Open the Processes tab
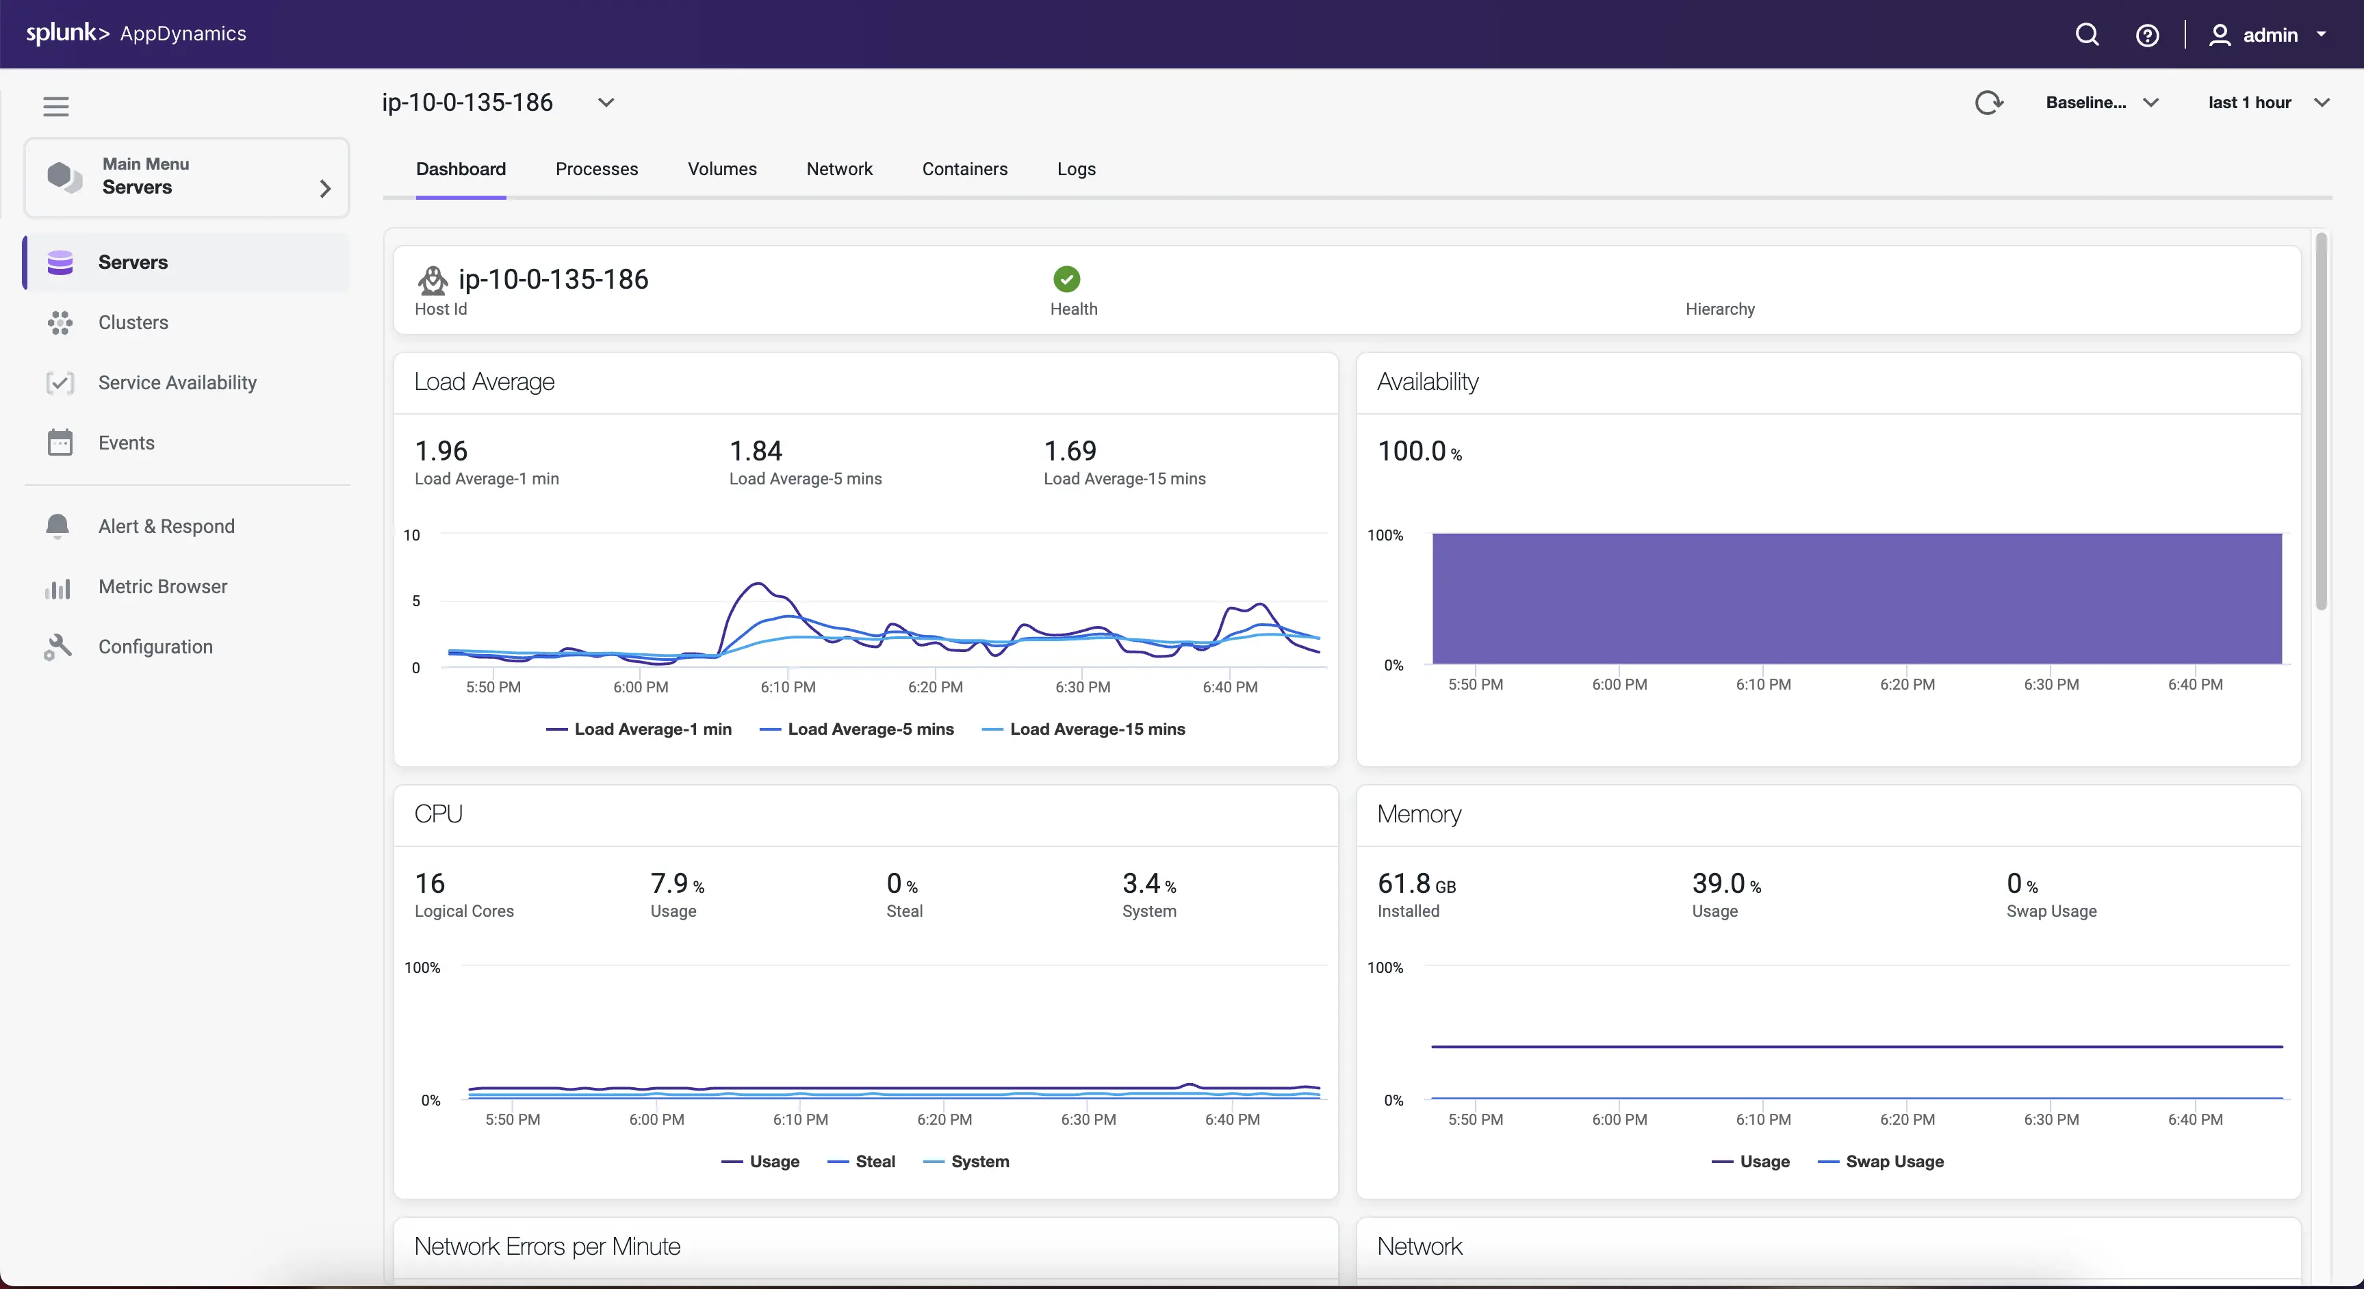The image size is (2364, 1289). (x=597, y=169)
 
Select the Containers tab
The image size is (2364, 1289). (x=964, y=169)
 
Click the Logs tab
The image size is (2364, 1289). (x=1075, y=169)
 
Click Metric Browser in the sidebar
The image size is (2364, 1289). (x=162, y=586)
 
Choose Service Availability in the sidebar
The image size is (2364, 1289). (x=177, y=382)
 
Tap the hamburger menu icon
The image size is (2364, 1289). (x=56, y=107)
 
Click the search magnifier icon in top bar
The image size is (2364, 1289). (x=2087, y=35)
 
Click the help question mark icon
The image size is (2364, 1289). (x=2146, y=35)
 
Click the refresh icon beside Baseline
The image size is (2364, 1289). (x=1988, y=103)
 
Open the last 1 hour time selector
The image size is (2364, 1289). (x=2267, y=103)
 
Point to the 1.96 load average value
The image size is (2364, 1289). (x=441, y=450)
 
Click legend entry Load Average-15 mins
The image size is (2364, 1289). (x=1096, y=729)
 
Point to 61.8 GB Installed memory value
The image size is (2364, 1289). (x=1416, y=883)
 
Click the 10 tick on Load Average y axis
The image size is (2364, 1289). (x=412, y=535)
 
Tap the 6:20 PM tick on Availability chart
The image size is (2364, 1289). (x=1907, y=684)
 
